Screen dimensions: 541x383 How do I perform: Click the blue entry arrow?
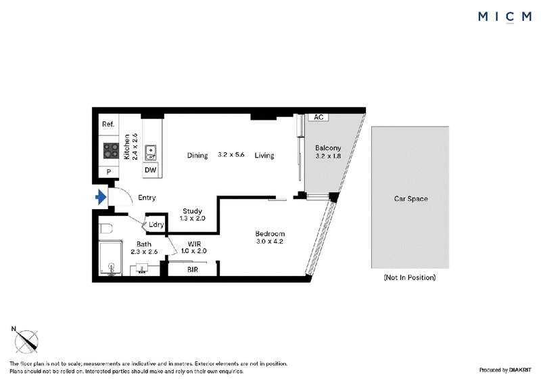[101, 197]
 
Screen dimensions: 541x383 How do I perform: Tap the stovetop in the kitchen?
[111, 151]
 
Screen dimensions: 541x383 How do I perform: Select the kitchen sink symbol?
[150, 153]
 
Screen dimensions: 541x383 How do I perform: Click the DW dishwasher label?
[150, 170]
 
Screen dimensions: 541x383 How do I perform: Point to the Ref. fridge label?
[108, 124]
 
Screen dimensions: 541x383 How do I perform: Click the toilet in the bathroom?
[105, 228]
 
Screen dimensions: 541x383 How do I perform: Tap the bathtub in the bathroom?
[111, 258]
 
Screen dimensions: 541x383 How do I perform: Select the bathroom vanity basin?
[142, 269]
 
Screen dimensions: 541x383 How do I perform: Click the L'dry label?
[156, 225]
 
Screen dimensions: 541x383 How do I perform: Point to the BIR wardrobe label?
[193, 269]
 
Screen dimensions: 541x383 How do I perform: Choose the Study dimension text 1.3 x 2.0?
[193, 219]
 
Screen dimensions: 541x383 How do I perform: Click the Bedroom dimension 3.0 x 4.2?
[270, 242]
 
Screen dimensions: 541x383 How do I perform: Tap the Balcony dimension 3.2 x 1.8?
[328, 156]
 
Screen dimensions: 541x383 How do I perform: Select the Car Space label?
[411, 198]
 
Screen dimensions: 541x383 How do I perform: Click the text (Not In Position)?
[410, 277]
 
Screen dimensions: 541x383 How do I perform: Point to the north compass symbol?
[26, 341]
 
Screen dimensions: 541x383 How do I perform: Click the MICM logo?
[504, 16]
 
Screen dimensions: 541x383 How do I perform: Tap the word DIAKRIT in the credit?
[521, 370]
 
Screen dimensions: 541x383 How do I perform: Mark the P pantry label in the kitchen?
[109, 172]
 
